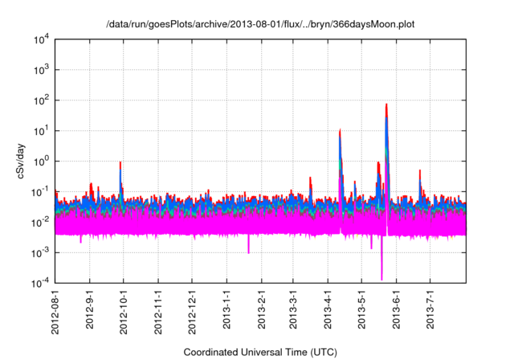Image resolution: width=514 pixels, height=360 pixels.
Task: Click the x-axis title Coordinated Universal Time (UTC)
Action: tap(260, 352)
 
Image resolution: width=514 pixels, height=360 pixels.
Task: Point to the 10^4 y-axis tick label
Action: tap(43, 39)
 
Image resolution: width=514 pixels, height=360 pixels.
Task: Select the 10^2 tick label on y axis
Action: tap(43, 100)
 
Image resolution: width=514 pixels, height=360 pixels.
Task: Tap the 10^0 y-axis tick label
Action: tap(43, 162)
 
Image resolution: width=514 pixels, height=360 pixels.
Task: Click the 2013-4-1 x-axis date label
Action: tap(328, 311)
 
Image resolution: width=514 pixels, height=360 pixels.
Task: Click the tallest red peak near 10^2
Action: tap(387, 105)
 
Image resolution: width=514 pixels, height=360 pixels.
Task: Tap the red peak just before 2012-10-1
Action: tap(120, 163)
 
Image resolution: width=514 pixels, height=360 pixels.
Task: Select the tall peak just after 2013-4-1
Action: tap(341, 130)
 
